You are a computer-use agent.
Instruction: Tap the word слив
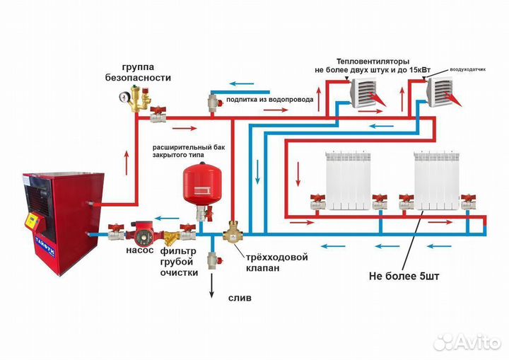[240, 298]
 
